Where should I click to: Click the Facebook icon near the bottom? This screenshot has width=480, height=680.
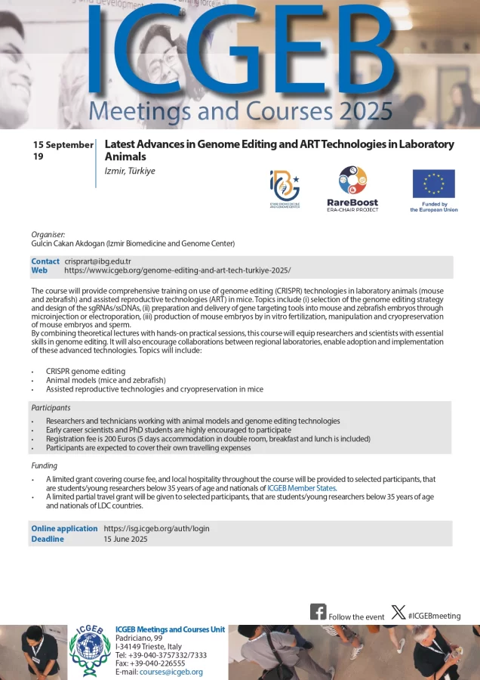(318, 612)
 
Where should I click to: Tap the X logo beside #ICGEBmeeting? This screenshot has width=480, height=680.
(398, 612)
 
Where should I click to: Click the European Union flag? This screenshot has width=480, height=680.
(433, 184)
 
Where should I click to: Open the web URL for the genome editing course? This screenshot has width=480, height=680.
(177, 270)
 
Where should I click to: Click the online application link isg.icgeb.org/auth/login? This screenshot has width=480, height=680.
(156, 528)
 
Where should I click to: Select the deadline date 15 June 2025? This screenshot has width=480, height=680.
(126, 539)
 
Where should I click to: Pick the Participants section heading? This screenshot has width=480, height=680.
(51, 407)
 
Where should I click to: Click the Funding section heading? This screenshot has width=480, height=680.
(44, 465)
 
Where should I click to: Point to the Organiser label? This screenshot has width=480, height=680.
(48, 234)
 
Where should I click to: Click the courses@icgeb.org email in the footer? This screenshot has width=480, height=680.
(171, 672)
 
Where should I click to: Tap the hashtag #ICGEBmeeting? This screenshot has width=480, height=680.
(434, 616)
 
